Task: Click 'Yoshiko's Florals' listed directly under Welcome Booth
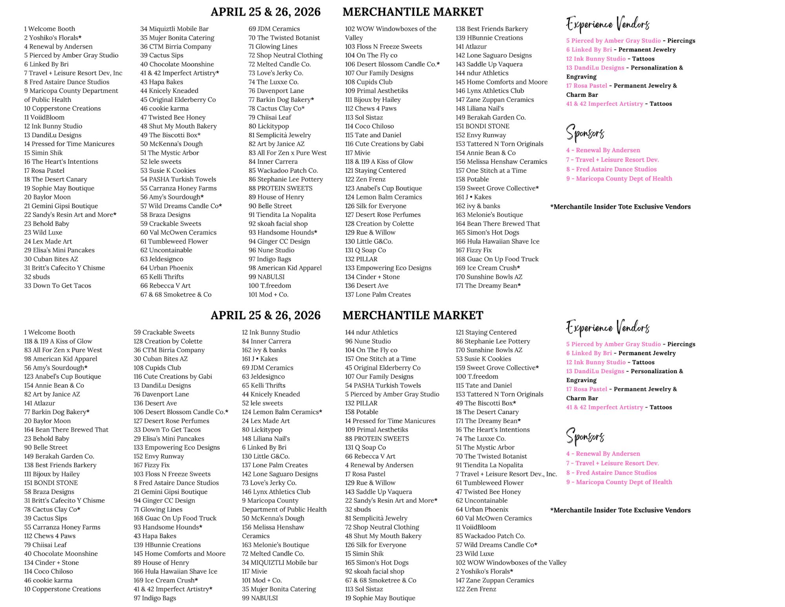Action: point(53,38)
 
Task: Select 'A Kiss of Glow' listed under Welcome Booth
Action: point(58,341)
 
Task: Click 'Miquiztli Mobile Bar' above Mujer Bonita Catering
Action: point(174,29)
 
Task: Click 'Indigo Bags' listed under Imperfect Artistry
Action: point(155,598)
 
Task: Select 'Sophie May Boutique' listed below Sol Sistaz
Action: point(380,598)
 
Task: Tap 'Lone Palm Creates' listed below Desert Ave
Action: point(378,294)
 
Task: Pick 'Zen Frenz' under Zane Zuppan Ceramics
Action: point(476,589)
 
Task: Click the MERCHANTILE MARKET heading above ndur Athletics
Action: point(413,315)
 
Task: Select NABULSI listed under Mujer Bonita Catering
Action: point(260,598)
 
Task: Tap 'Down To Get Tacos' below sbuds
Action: point(57,286)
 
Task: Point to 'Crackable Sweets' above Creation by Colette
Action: point(164,332)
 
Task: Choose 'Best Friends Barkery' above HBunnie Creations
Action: point(491,29)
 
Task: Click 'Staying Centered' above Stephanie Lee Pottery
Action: point(486,332)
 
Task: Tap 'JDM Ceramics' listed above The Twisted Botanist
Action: point(274,29)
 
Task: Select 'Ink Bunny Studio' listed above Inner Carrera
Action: point(271,332)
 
